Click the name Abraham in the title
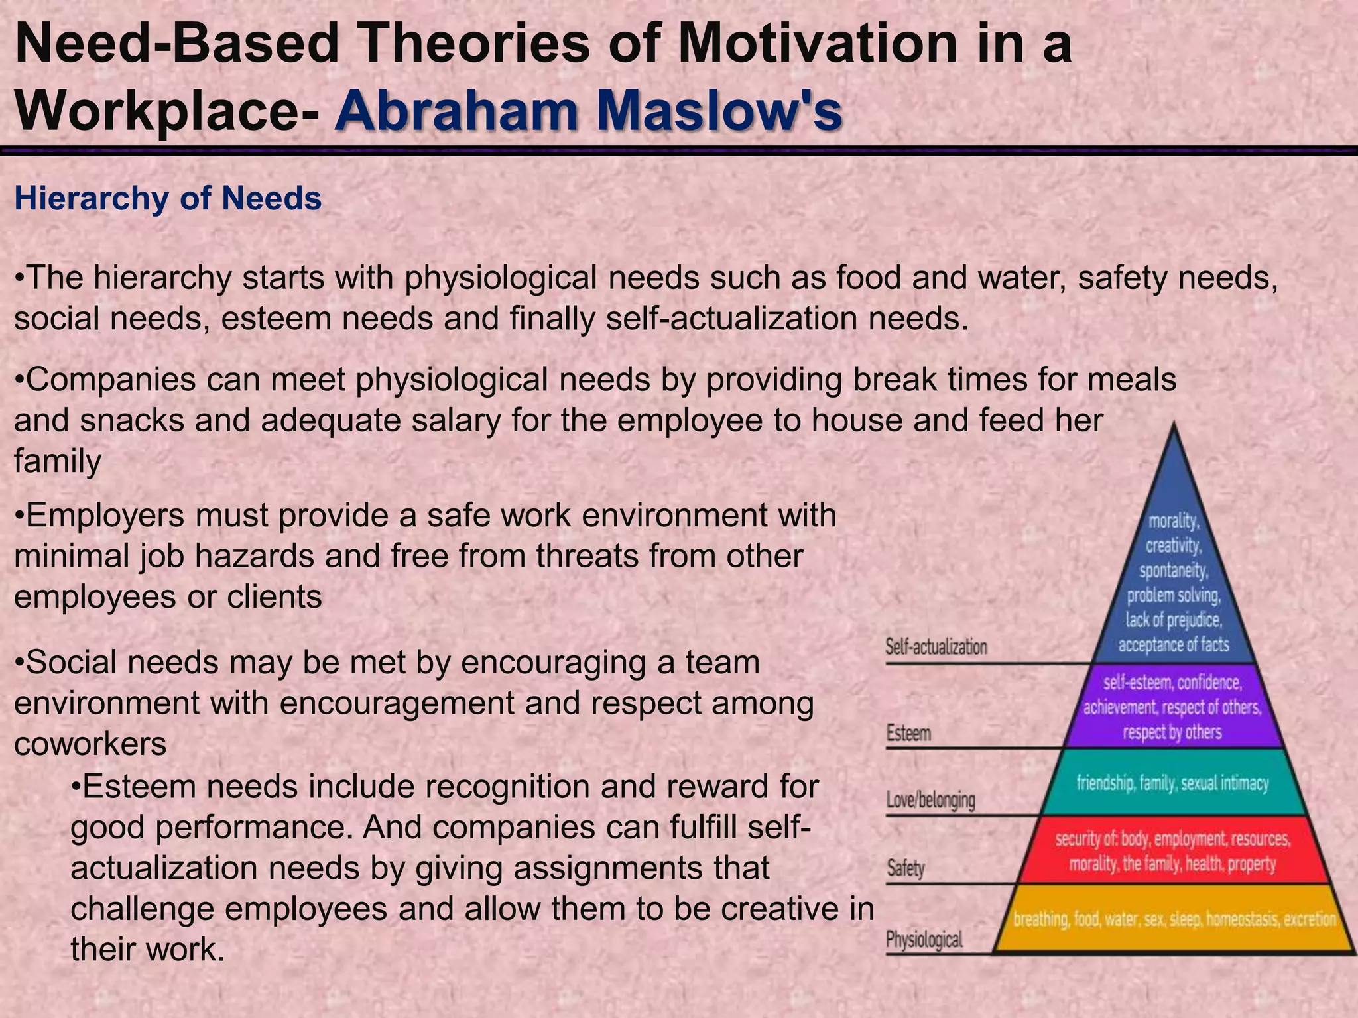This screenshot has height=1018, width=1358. (457, 111)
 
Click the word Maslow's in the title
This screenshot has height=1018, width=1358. (719, 111)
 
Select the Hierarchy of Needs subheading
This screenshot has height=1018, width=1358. (168, 198)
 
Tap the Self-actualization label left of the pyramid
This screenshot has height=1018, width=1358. (936, 647)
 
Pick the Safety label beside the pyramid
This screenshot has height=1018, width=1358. (906, 868)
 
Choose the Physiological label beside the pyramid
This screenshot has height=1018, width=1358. (924, 939)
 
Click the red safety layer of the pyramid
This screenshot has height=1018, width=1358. (1172, 852)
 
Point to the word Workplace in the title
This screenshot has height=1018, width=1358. (156, 111)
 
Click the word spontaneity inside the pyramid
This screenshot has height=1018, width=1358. (1174, 571)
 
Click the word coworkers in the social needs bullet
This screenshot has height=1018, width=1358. (90, 744)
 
